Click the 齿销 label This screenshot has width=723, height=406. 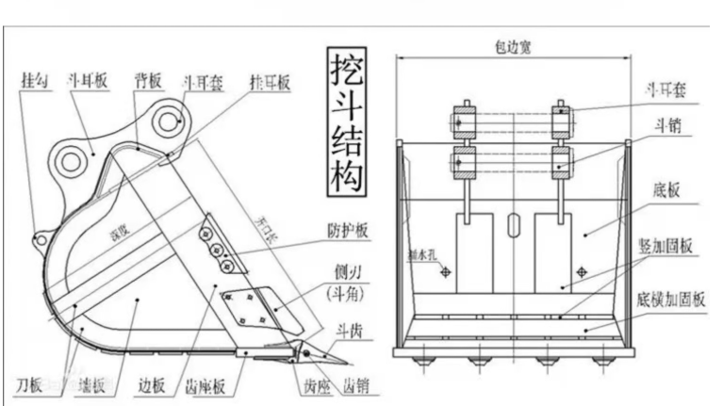click(x=354, y=385)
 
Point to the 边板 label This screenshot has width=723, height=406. click(x=151, y=385)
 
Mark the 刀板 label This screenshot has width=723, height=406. click(x=29, y=385)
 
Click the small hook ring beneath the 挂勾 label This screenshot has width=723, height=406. click(x=40, y=239)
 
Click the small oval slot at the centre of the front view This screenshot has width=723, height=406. click(x=512, y=224)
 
